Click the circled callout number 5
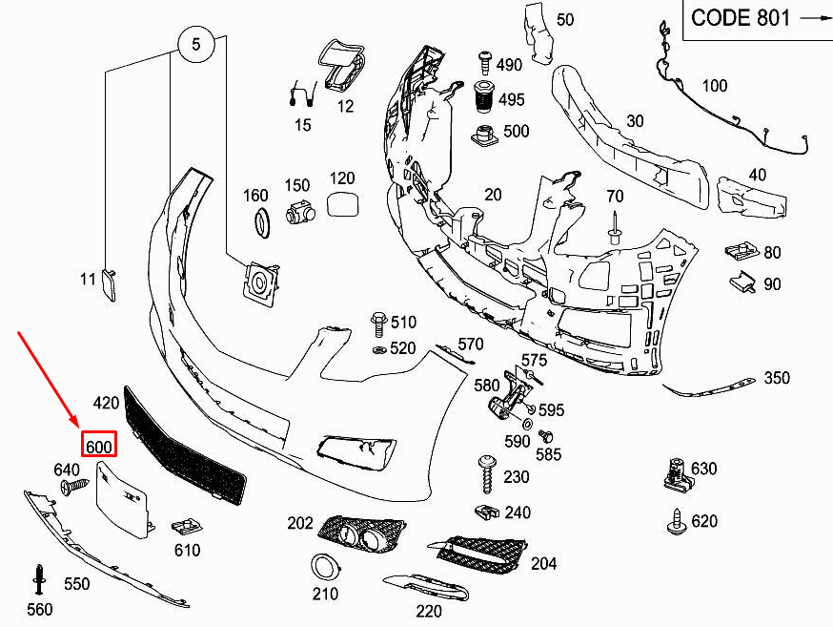coord(197,44)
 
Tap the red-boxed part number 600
coord(99,446)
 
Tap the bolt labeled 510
coord(377,323)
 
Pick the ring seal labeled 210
coord(325,567)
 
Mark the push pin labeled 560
coord(40,578)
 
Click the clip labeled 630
coord(676,472)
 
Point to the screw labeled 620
coord(676,520)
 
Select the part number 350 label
coord(777,378)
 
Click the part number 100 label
coord(714,87)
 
